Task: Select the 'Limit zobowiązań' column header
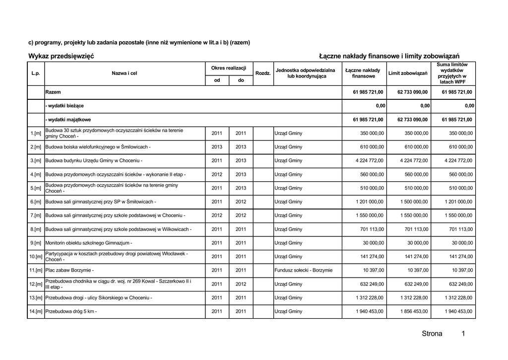[x=408, y=73]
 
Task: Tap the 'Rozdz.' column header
[x=263, y=73]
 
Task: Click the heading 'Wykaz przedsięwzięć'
[x=61, y=56]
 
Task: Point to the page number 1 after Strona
[x=463, y=334]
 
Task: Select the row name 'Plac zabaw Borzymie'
[x=69, y=270]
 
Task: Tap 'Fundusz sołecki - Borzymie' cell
[x=304, y=270]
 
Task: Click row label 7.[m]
[x=36, y=216]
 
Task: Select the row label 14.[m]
[x=36, y=311]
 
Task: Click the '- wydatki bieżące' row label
[x=64, y=106]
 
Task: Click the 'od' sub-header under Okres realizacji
[x=217, y=80]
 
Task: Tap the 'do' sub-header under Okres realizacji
[x=241, y=80]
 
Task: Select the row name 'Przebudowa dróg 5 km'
[x=70, y=311]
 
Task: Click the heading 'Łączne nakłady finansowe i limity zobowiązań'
[x=389, y=56]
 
